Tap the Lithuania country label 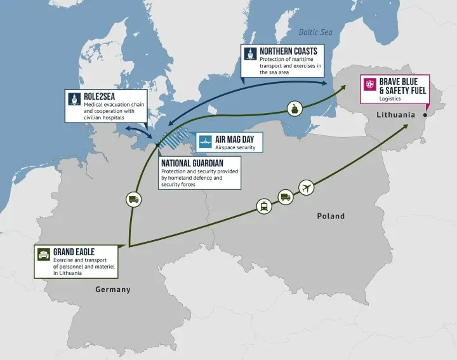395,115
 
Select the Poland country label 331,216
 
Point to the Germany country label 113,290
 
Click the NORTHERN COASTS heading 288,50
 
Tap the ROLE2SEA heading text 99,97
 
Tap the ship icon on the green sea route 295,108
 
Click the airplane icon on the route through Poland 307,189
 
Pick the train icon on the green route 263,206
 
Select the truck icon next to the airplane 286,197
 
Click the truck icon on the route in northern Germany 133,199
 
